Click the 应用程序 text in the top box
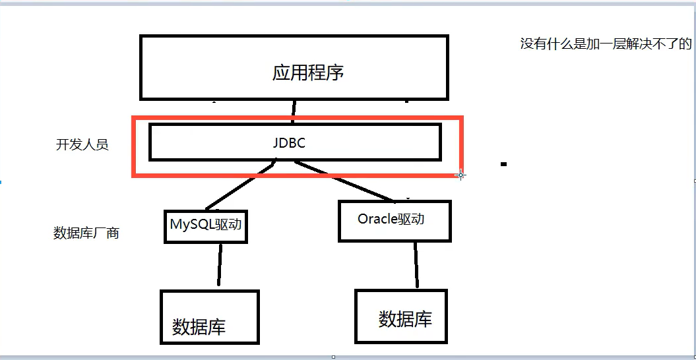308,72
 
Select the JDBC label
289,142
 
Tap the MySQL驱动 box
206,225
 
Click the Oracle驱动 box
394,220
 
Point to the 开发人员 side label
82,145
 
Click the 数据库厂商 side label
86,233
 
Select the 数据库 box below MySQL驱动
209,316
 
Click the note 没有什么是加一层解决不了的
606,44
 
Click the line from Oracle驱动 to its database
416,265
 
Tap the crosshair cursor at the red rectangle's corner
460,175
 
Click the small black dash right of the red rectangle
503,164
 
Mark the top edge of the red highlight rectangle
297,118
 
